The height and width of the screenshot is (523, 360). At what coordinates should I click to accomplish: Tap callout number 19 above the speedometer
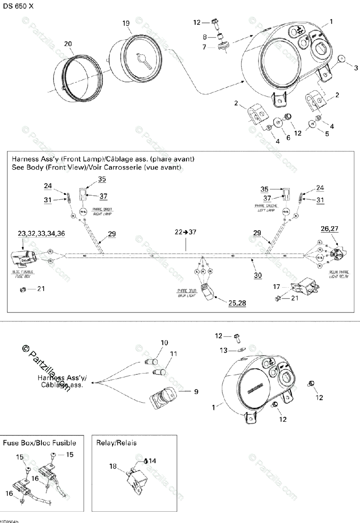coord(126,24)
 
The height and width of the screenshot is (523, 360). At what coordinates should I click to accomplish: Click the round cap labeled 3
coord(343,60)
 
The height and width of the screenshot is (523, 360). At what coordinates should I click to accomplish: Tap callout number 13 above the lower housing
coord(224,350)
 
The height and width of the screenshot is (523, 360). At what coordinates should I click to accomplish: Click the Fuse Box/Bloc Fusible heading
coord(40,443)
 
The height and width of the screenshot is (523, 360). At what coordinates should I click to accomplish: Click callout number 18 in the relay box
coord(113,466)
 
